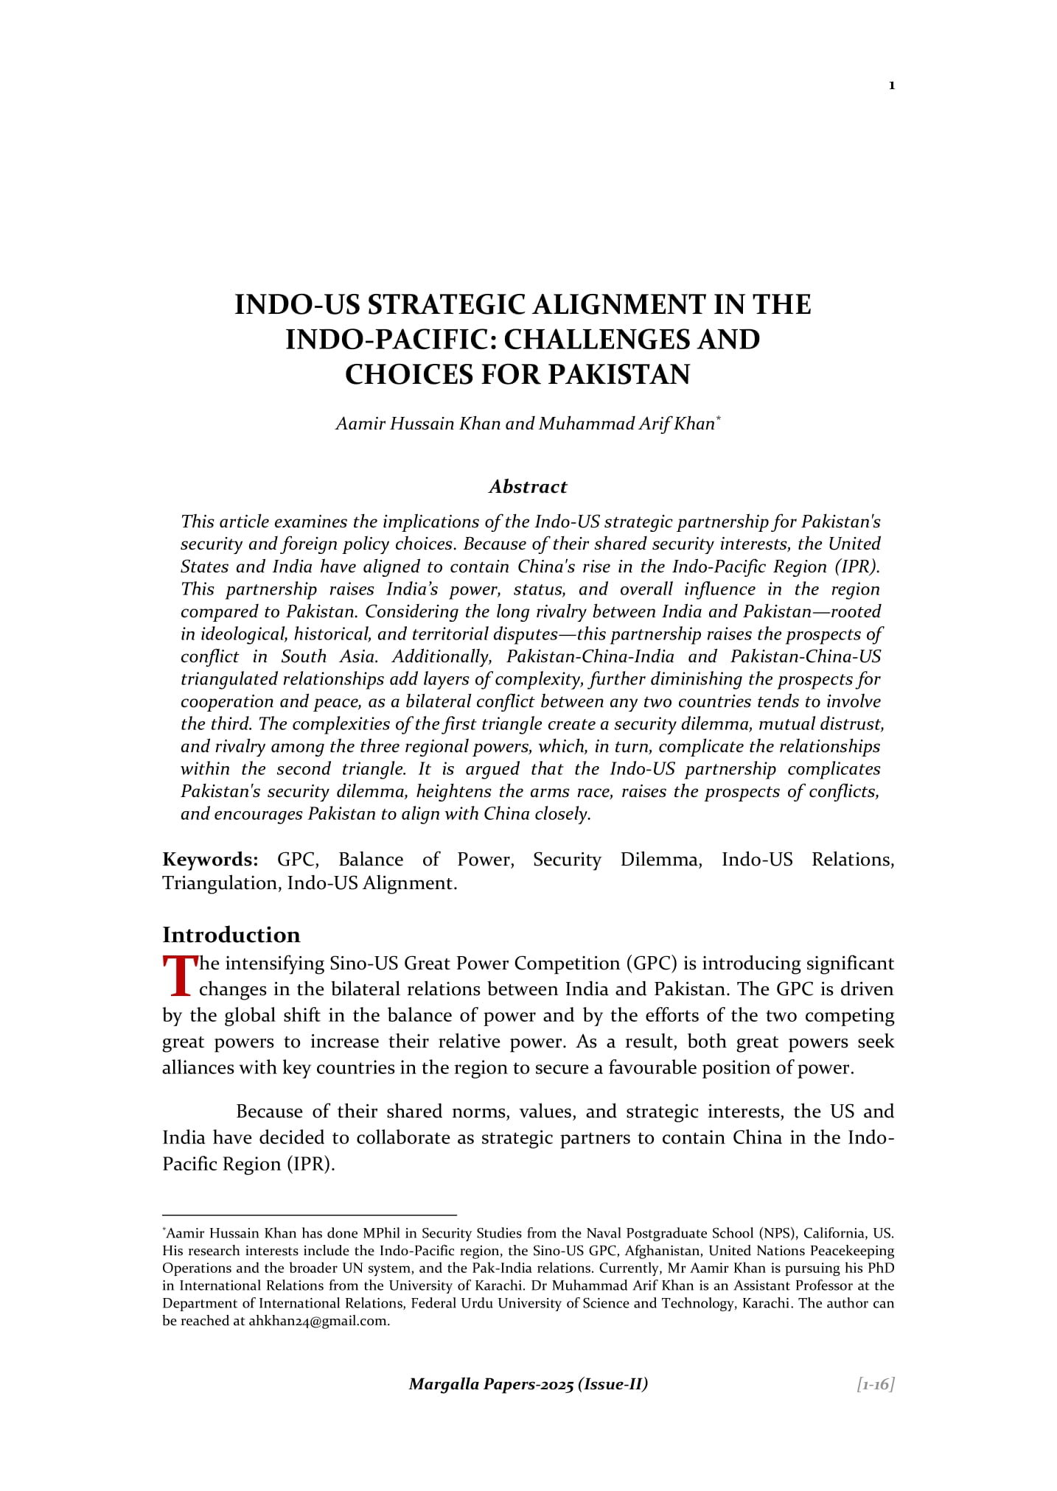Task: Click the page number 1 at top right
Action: [892, 86]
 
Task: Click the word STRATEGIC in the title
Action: [445, 305]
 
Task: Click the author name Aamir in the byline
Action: [357, 424]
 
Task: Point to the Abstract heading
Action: [528, 487]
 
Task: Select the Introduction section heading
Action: [231, 935]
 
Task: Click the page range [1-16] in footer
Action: [876, 1384]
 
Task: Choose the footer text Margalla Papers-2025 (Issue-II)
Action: [528, 1384]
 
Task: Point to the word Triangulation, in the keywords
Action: [221, 883]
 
